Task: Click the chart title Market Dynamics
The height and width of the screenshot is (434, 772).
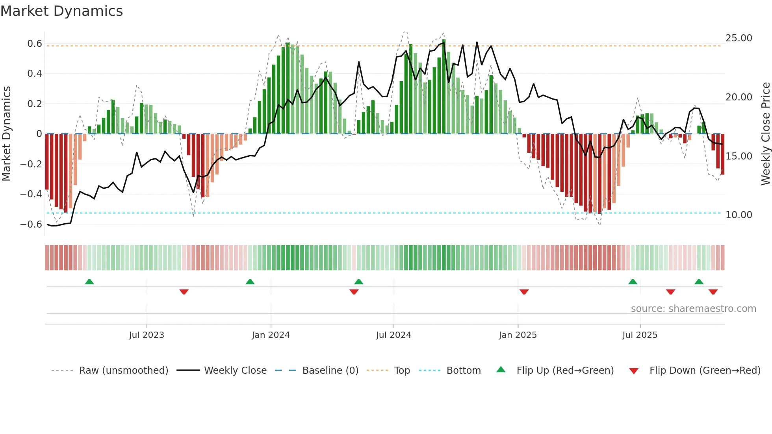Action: [x=61, y=11]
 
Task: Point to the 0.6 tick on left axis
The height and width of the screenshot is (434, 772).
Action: [x=35, y=43]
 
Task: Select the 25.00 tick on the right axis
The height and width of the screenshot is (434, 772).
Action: [x=739, y=38]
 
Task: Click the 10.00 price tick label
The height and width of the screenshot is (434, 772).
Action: [x=739, y=215]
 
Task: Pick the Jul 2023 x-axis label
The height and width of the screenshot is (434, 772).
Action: [x=147, y=335]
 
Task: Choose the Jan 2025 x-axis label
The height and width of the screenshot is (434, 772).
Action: [x=518, y=335]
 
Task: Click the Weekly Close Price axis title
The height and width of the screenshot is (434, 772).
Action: [x=765, y=134]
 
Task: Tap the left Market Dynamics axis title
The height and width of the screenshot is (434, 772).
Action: [x=6, y=134]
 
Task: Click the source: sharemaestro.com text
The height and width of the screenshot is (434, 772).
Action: [x=693, y=309]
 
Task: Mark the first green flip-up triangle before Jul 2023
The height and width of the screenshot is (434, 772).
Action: [x=89, y=282]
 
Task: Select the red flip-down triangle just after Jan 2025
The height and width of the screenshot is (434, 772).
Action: [x=524, y=292]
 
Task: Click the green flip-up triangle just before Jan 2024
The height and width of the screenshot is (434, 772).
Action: [x=250, y=282]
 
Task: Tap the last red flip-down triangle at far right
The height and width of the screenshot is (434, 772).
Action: [x=713, y=292]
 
